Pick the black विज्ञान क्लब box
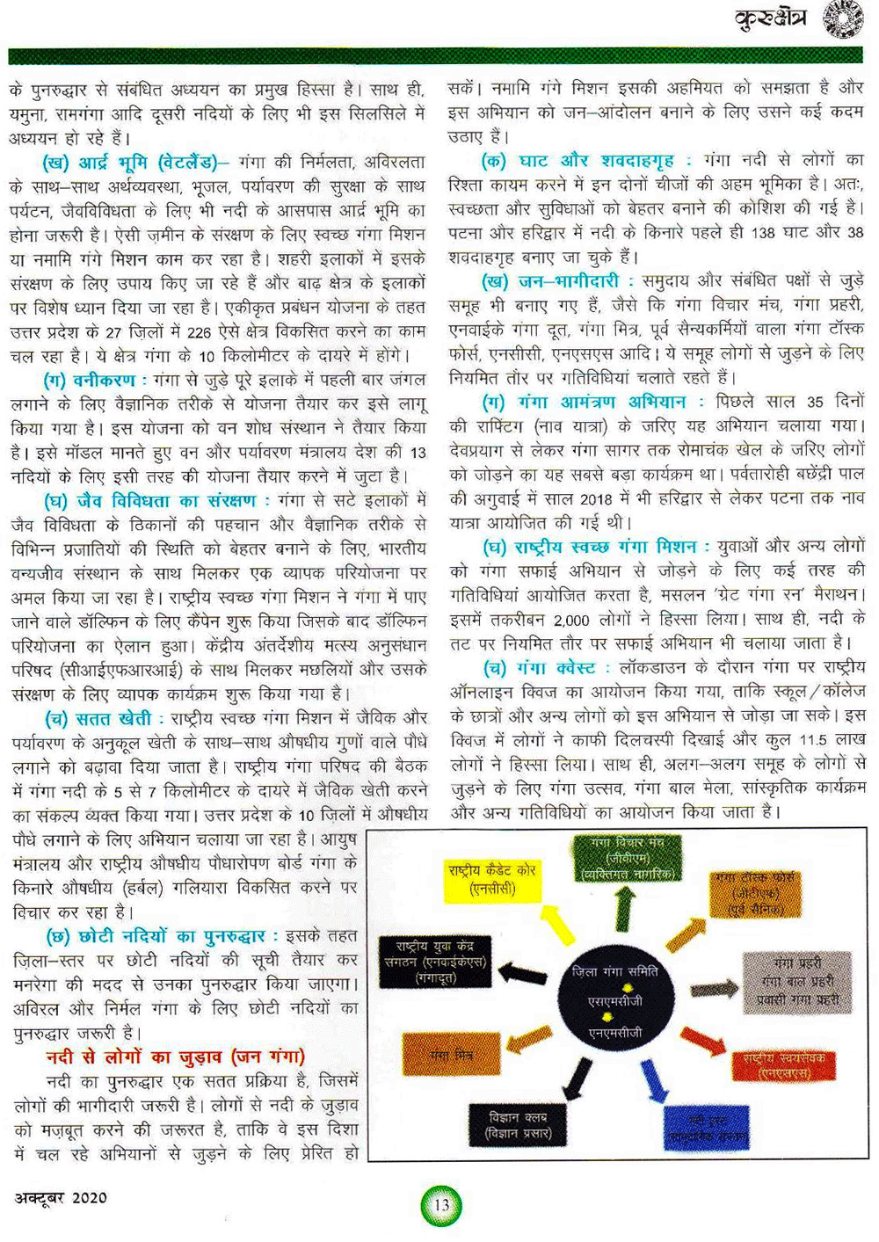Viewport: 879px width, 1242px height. [x=518, y=1125]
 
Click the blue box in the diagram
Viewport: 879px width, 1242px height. [x=706, y=1128]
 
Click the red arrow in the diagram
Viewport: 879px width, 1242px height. [x=704, y=1042]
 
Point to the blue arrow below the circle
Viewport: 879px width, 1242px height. [x=653, y=1082]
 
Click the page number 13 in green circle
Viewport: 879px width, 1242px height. [x=441, y=1204]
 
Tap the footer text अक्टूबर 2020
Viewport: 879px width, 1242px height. [x=61, y=1197]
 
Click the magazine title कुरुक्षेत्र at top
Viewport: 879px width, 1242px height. [x=770, y=19]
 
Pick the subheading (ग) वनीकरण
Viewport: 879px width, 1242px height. [x=93, y=380]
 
